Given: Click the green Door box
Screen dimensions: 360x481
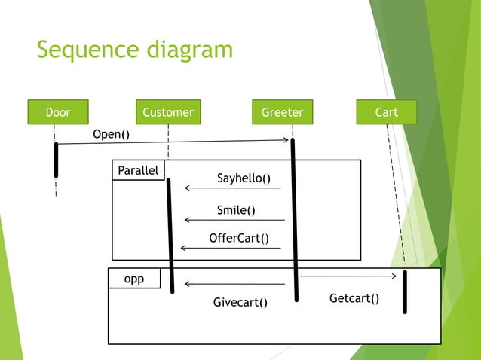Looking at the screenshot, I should click(57, 112).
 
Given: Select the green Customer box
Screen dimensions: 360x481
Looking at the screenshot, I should click(168, 112).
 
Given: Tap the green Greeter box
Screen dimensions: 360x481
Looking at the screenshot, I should click(282, 112).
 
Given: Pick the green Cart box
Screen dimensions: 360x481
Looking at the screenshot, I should click(386, 112).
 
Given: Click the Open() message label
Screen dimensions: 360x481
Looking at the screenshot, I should click(111, 134).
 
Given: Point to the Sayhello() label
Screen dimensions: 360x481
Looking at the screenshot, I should click(244, 178).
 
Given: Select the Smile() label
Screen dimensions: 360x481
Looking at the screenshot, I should click(236, 210).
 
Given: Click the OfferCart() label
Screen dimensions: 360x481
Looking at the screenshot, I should click(239, 239).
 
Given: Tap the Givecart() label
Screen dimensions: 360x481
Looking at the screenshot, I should click(240, 302).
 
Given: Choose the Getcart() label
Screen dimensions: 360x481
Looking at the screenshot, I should click(354, 299).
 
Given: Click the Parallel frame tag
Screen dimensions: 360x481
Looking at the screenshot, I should click(138, 170).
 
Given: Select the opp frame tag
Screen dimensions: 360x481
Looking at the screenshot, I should click(134, 279).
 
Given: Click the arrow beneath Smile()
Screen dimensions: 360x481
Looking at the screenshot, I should click(234, 220).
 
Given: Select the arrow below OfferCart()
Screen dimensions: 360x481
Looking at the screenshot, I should click(230, 248).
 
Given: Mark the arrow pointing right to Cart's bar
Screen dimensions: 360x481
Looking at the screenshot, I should click(348, 276).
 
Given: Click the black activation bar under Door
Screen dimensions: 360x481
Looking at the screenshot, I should click(56, 159).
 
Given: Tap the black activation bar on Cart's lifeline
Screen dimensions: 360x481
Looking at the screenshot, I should click(405, 291).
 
